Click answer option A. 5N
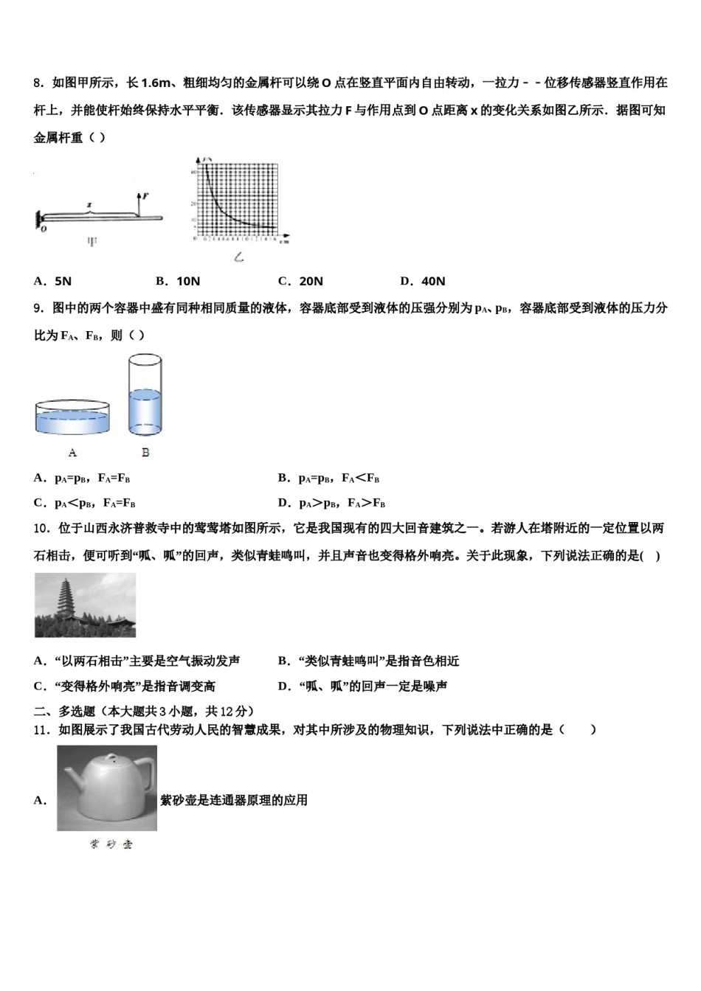point(52,281)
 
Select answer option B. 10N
point(178,281)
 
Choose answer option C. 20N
point(300,281)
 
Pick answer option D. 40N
point(423,281)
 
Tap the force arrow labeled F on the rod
point(139,203)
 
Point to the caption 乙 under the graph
point(238,257)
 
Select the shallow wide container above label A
point(72,418)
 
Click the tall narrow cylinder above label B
point(145,397)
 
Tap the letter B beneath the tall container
point(145,452)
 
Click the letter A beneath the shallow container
point(72,452)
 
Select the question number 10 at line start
point(41,528)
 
